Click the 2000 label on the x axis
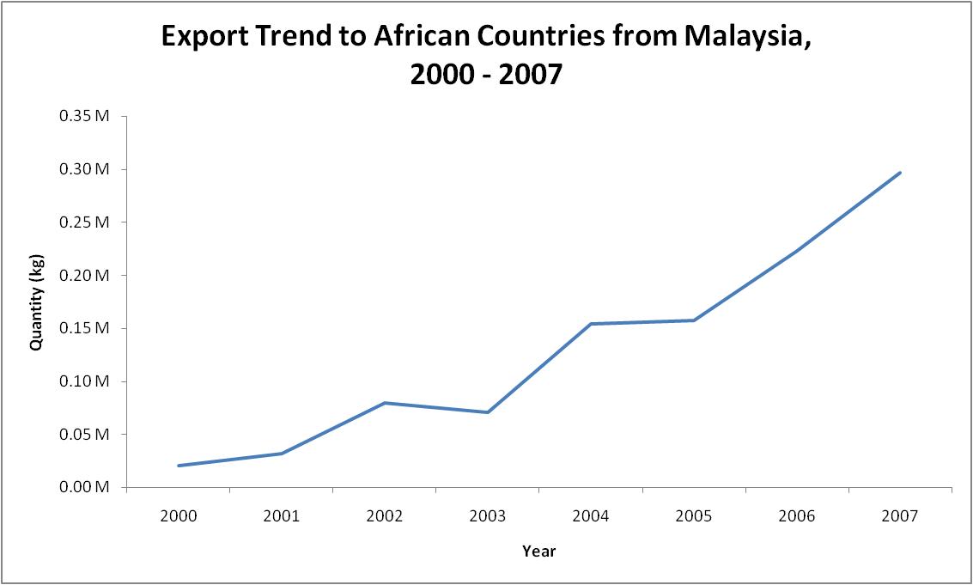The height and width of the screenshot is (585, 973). pyautogui.click(x=178, y=516)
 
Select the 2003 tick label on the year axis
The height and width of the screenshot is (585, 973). pyautogui.click(x=488, y=516)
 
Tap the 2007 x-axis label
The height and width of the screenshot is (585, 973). pyautogui.click(x=900, y=516)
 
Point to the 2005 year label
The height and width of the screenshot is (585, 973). pyautogui.click(x=694, y=516)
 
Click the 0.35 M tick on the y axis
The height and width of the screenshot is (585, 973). pyautogui.click(x=84, y=116)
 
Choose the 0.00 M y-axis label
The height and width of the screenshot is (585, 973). pyautogui.click(x=84, y=487)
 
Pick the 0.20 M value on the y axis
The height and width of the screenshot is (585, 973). pyautogui.click(x=84, y=275)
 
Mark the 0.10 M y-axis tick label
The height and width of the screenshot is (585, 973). pyautogui.click(x=84, y=381)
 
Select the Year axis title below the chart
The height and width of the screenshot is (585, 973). pyautogui.click(x=538, y=551)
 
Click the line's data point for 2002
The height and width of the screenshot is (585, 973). pyautogui.click(x=385, y=403)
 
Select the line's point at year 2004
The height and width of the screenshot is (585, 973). pyautogui.click(x=591, y=324)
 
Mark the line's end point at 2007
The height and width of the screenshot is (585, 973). pyautogui.click(x=900, y=173)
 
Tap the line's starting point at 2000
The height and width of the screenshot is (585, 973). pyautogui.click(x=178, y=466)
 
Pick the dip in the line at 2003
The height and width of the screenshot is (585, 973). pyautogui.click(x=488, y=412)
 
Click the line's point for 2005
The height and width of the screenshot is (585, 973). pyautogui.click(x=694, y=320)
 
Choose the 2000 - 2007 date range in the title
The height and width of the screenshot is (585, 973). pyautogui.click(x=486, y=75)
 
